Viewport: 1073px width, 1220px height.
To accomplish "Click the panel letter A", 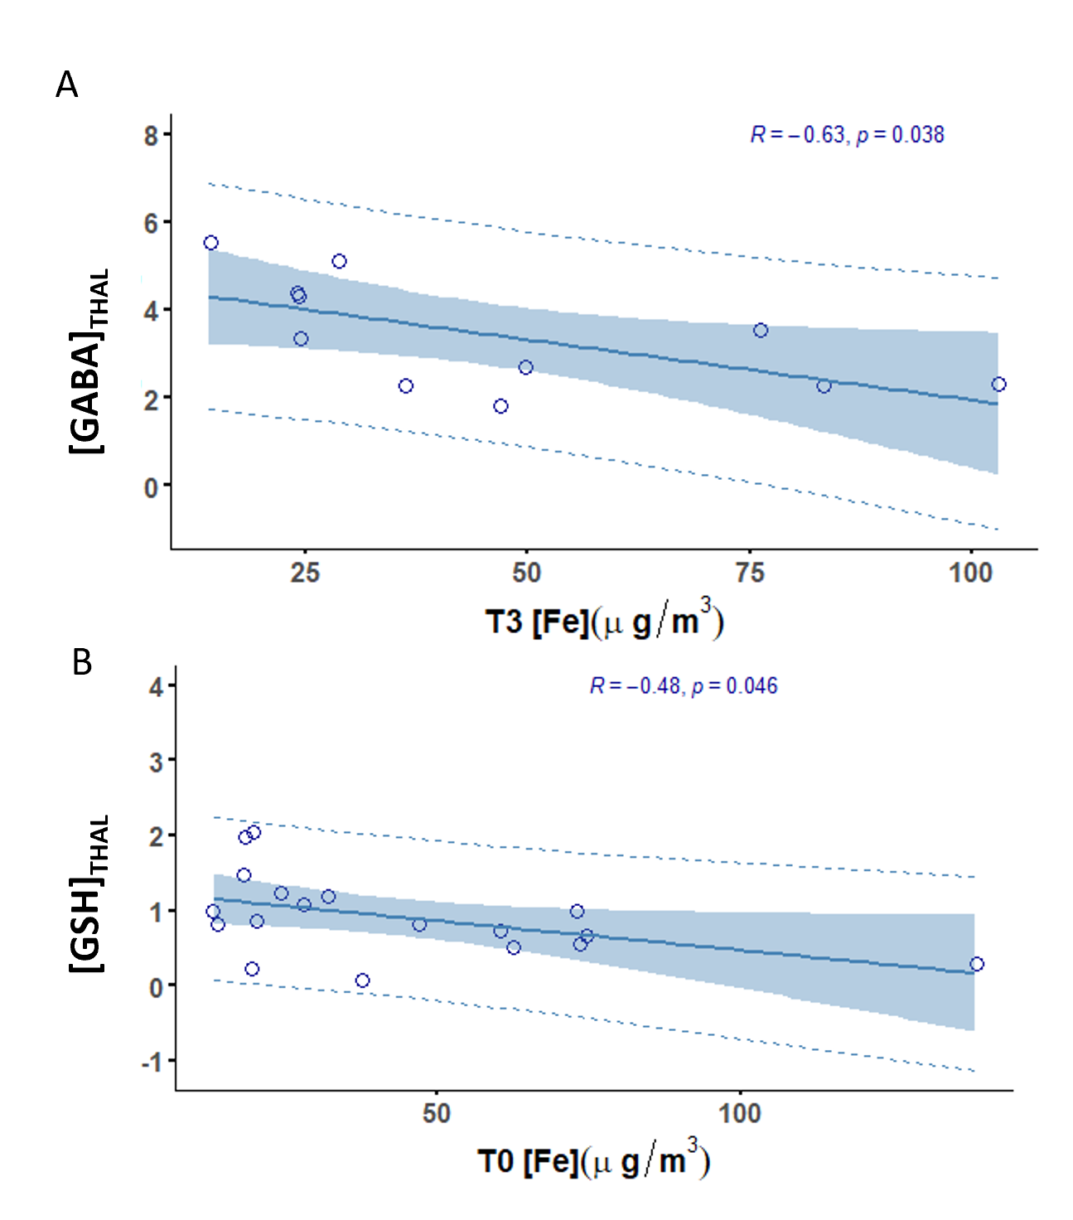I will point(66,85).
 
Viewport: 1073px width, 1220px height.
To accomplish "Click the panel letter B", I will point(81,662).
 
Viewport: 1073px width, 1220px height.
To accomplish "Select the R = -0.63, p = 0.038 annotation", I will point(847,134).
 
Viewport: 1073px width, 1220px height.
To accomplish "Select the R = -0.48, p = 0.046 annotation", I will point(684,685).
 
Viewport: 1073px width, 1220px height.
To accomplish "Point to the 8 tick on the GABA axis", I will point(152,134).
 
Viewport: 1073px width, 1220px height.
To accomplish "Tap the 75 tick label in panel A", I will point(750,572).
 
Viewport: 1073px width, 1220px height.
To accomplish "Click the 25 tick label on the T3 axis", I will point(305,572).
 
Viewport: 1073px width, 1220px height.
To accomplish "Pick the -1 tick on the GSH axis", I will point(153,1062).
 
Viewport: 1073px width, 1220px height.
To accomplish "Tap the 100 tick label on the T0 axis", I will point(739,1112).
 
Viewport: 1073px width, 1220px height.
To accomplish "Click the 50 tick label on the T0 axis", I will point(436,1112).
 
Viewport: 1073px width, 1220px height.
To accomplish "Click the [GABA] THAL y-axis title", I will point(88,361).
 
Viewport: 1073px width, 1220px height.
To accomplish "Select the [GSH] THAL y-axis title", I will point(88,895).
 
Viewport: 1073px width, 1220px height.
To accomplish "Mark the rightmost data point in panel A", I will point(998,385).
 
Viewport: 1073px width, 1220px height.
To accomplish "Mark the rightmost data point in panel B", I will point(977,964).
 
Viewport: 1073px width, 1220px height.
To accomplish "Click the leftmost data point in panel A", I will point(210,243).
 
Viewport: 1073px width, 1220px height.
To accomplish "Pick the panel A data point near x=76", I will point(761,331).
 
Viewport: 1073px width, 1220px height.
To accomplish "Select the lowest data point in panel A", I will point(500,406).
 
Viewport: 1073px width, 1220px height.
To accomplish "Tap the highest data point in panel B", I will point(254,832).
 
